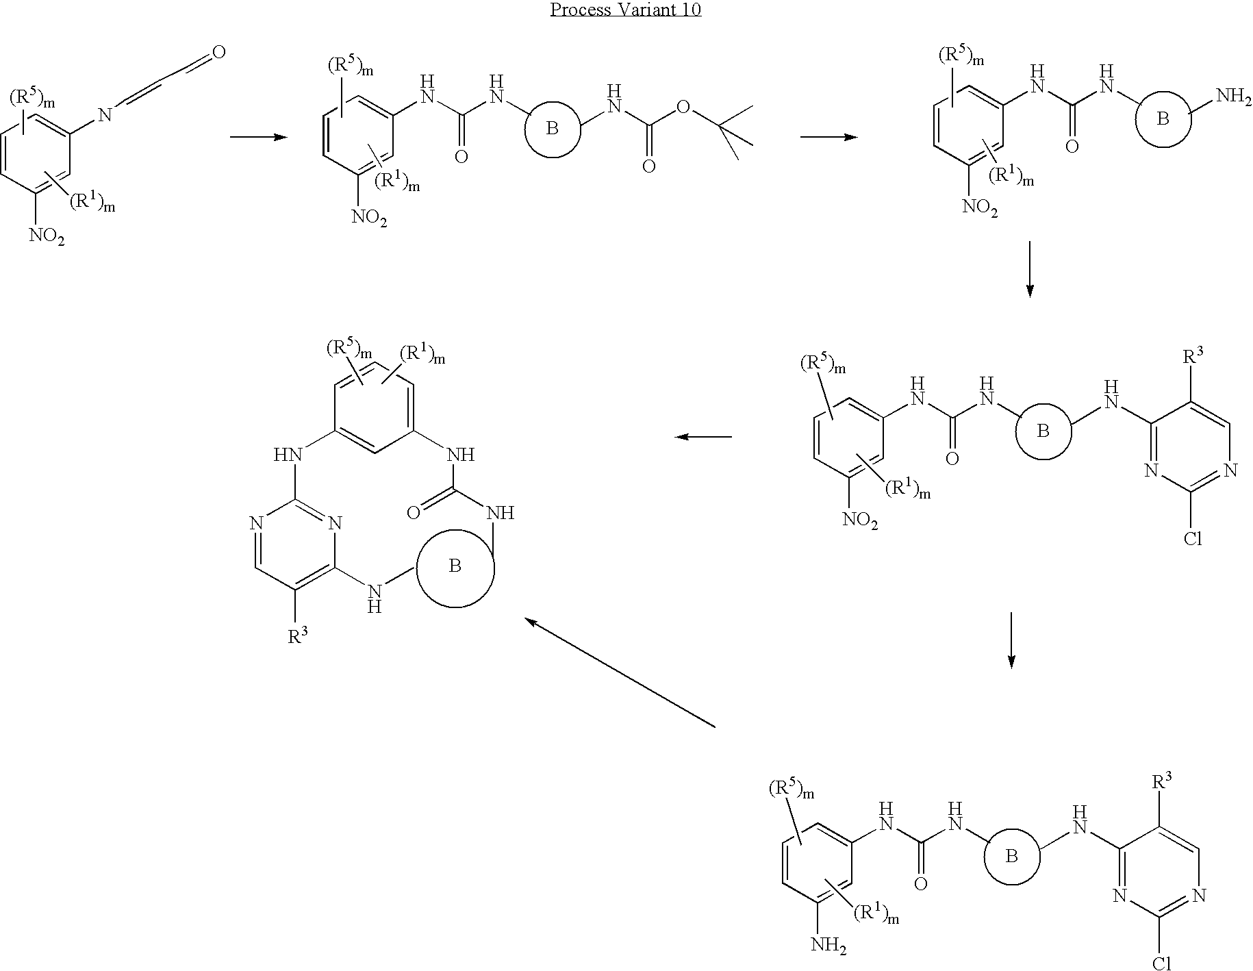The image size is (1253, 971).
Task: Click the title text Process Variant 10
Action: click(626, 10)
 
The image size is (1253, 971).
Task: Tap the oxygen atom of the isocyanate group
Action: click(220, 53)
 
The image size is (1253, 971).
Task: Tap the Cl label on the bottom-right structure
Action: click(1162, 963)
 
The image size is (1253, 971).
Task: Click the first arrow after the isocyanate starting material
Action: click(258, 138)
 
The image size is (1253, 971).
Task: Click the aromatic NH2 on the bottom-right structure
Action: click(828, 947)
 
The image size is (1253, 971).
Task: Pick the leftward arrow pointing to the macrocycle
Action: click(703, 437)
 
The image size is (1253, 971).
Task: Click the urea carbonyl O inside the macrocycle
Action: click(413, 512)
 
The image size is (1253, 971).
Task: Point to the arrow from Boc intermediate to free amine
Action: click(829, 138)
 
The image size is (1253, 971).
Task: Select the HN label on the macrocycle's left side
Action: click(288, 455)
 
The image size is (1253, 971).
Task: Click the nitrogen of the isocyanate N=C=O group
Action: click(105, 114)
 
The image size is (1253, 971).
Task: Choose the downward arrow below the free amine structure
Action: click(1029, 268)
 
